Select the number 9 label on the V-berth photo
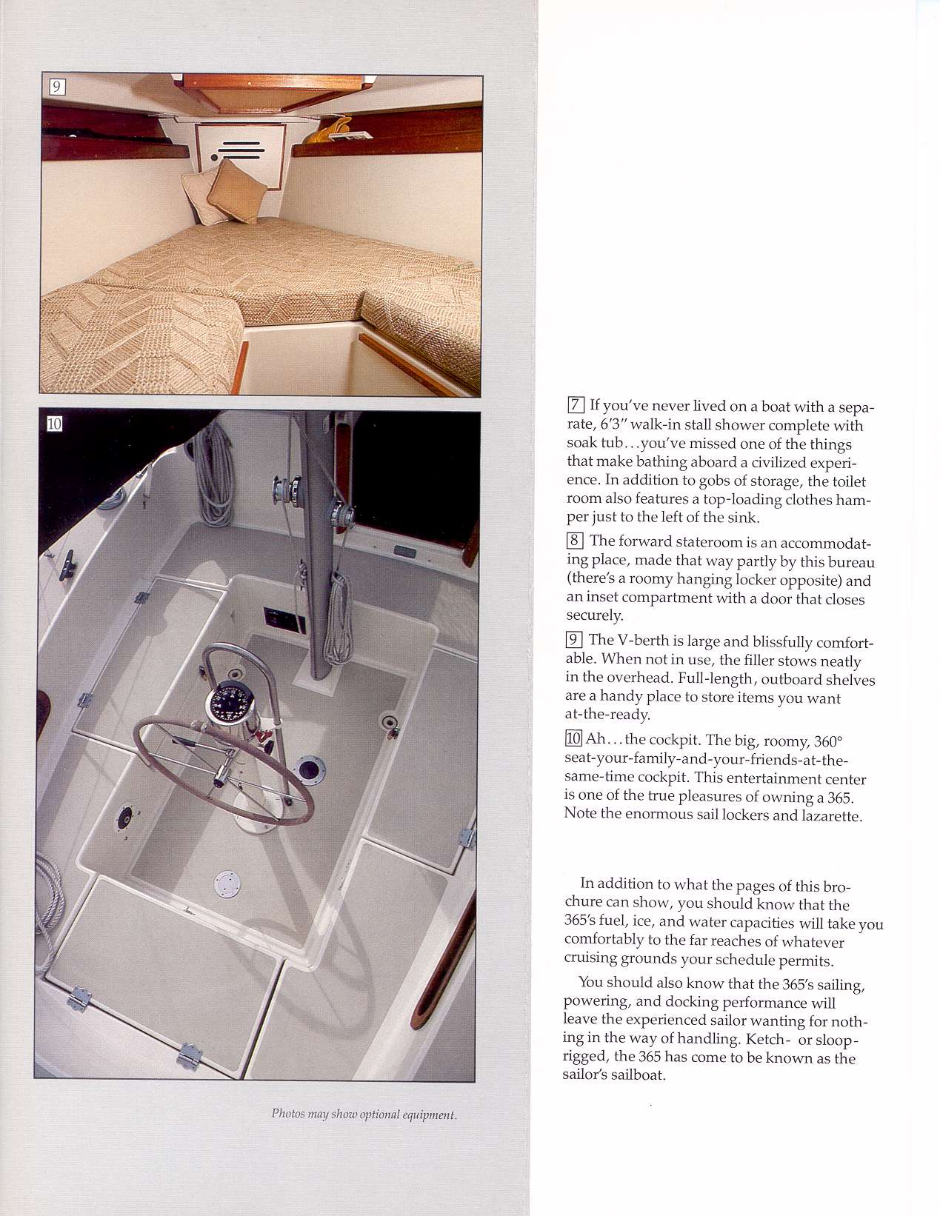coord(56,87)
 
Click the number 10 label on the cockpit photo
coord(55,424)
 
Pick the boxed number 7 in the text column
coord(576,405)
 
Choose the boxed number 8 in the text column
coord(576,541)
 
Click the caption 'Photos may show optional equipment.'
coord(364,1114)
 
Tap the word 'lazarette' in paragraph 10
coord(831,816)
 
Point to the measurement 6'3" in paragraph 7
coord(613,425)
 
